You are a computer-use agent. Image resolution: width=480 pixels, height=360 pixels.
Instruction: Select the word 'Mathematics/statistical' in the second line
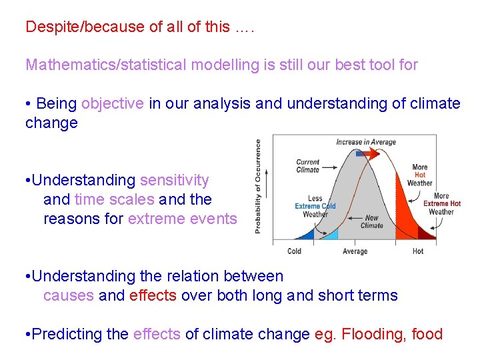click(106, 65)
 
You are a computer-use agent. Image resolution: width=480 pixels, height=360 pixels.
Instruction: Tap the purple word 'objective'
click(112, 104)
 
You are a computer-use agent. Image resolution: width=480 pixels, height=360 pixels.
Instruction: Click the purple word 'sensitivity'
click(174, 181)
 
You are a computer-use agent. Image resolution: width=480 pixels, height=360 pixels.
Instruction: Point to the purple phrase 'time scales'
click(114, 200)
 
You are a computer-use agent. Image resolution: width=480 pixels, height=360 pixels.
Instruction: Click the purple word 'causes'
click(68, 296)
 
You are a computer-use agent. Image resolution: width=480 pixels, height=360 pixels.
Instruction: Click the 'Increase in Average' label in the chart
click(367, 142)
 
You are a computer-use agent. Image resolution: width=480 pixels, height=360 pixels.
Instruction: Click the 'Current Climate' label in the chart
click(307, 166)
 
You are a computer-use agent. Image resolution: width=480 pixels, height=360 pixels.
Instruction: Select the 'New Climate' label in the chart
click(371, 221)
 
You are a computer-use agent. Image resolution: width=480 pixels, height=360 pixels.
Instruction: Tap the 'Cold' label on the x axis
click(294, 251)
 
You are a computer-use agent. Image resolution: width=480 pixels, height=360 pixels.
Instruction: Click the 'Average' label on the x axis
click(355, 251)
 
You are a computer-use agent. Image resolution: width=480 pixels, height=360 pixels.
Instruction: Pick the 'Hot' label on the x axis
click(417, 251)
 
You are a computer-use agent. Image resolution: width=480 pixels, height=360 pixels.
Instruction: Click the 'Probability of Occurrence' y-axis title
click(258, 186)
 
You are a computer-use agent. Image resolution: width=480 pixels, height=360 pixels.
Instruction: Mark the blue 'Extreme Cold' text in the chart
click(315, 207)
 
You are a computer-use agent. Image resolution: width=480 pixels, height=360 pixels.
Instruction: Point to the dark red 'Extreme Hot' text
click(441, 203)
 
